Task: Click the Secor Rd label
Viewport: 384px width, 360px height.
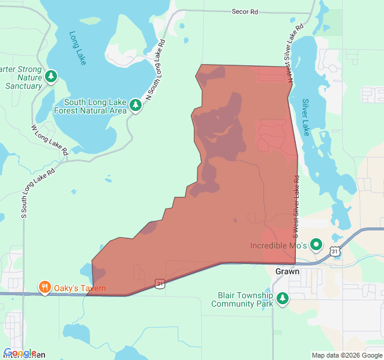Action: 245,11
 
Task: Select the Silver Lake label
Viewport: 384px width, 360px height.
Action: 305,117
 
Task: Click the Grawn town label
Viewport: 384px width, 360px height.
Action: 287,271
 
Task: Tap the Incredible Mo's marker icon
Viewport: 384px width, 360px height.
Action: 316,245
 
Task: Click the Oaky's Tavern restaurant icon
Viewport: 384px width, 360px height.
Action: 44,288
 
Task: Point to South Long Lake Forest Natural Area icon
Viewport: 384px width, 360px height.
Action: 136,106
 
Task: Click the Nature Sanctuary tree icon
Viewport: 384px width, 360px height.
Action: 52,76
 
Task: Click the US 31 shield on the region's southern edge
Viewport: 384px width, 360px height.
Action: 160,283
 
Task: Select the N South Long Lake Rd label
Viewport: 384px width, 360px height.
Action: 154,70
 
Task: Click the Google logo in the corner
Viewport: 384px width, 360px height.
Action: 20,353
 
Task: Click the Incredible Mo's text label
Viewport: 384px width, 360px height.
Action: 278,246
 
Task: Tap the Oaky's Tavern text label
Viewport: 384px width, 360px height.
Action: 80,289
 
